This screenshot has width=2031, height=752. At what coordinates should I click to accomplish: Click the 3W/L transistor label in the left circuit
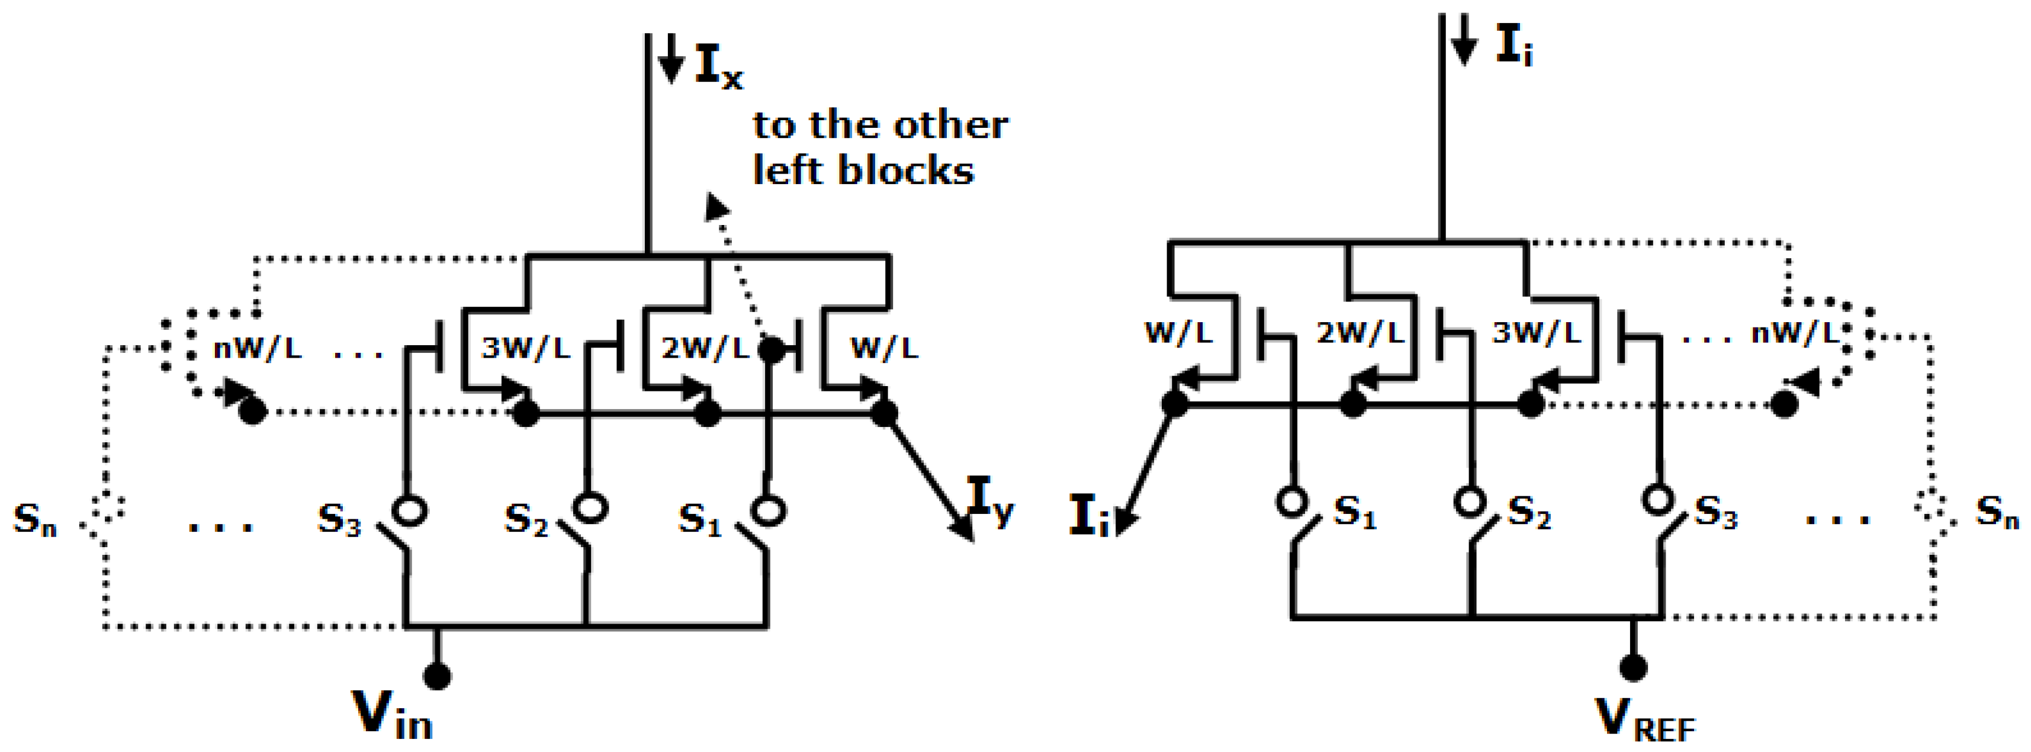[x=526, y=348]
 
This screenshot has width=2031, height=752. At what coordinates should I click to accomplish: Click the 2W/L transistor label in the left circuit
[x=704, y=348]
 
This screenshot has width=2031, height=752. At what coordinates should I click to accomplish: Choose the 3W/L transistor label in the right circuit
[x=1537, y=333]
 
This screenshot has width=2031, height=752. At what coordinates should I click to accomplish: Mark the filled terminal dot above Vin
[x=437, y=676]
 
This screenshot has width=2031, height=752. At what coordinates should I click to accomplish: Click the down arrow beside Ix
[x=670, y=59]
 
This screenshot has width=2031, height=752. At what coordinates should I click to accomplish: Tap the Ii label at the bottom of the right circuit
[x=1089, y=516]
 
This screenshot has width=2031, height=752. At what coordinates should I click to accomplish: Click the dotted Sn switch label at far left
[x=35, y=519]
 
